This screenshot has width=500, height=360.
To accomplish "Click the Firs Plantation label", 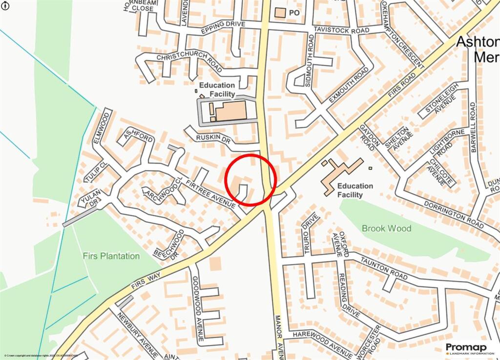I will [x=111, y=256].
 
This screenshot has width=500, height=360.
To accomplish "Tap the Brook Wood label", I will [x=386, y=228].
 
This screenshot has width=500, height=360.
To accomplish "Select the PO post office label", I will [x=294, y=13].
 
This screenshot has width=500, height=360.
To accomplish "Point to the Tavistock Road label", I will [x=341, y=30].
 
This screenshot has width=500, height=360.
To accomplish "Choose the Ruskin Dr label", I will [x=212, y=138].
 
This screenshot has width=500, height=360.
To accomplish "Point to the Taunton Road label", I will [x=384, y=269].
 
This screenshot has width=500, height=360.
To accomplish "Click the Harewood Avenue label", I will [x=323, y=342].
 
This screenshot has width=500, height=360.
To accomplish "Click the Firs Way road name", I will [x=146, y=283].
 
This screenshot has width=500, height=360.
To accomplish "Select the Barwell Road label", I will [x=472, y=127].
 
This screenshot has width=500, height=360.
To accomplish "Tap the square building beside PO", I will [x=280, y=13].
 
